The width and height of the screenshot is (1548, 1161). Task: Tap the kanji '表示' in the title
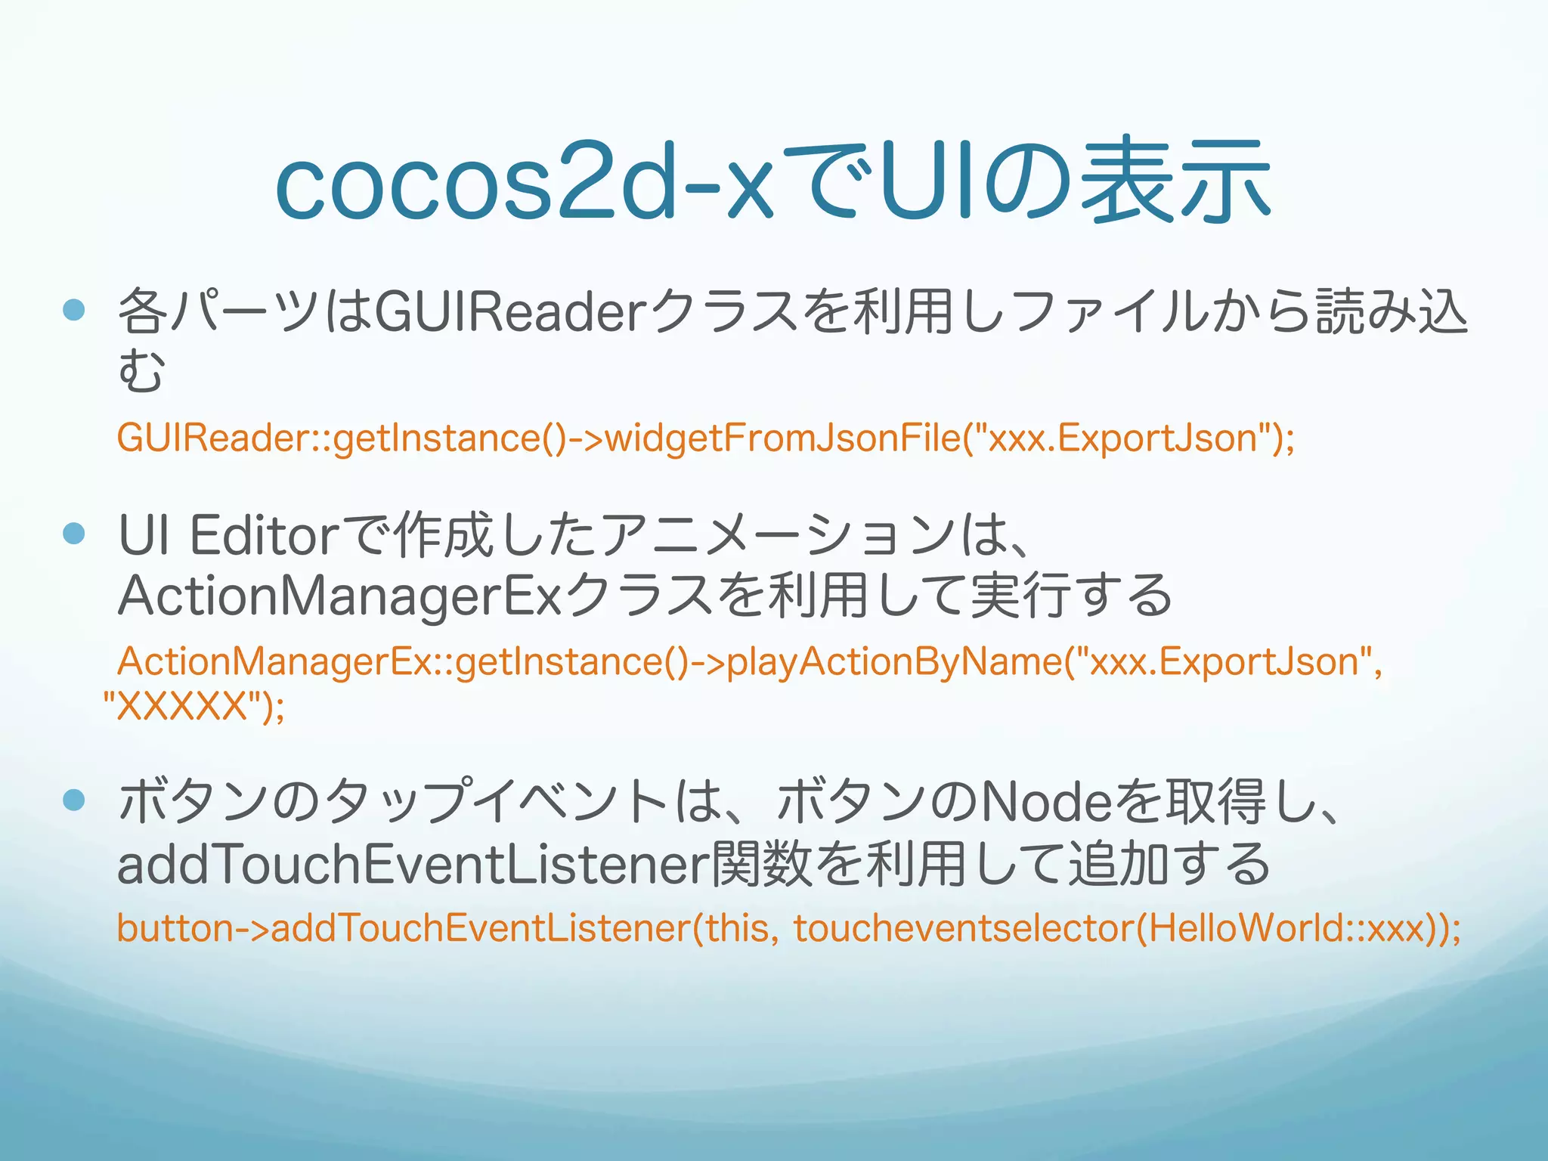(x=1175, y=181)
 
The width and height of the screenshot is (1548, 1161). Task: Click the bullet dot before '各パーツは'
(x=74, y=310)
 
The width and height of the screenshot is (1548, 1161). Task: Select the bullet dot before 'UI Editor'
(x=74, y=534)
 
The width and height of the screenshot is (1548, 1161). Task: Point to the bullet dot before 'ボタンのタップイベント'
(x=74, y=800)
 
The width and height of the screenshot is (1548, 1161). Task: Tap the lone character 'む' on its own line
(x=141, y=370)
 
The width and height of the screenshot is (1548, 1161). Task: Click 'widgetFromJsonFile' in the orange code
(x=783, y=438)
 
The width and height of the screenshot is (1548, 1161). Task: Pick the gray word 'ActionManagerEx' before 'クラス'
(x=339, y=596)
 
